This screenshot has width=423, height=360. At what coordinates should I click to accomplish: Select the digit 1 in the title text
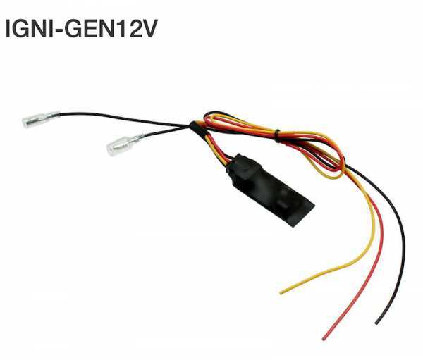click(120, 28)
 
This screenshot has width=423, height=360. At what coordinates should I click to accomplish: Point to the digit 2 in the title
click(133, 28)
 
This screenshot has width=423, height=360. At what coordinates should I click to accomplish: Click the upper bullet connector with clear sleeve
click(40, 118)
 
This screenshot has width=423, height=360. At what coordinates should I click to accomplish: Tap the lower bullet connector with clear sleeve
click(124, 145)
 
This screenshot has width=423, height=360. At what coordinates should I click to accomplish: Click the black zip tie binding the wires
click(277, 137)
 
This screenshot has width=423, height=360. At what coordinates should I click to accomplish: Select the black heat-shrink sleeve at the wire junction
click(197, 128)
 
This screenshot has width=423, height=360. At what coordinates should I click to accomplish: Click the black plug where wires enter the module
click(240, 167)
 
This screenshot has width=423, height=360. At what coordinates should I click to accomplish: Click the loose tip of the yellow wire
click(281, 292)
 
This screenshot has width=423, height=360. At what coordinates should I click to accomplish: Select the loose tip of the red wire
click(324, 338)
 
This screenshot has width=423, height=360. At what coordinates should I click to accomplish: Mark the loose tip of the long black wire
click(377, 323)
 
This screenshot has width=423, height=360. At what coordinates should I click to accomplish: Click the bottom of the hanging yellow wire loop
click(332, 177)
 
